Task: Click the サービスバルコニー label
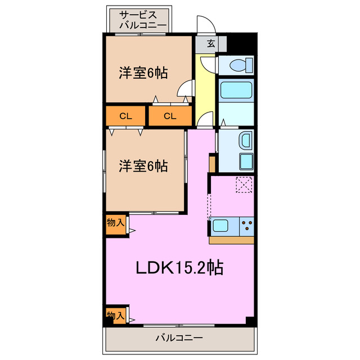click(142, 20)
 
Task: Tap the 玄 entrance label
click(210, 43)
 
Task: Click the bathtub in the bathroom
click(236, 90)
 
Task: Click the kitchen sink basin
click(221, 227)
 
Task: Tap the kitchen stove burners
click(246, 227)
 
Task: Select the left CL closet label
click(125, 116)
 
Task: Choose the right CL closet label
click(170, 116)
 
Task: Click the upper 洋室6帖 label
click(143, 73)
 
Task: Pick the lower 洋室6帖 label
click(143, 166)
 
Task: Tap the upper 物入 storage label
click(115, 223)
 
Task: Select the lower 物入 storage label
click(115, 316)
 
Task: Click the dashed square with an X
click(245, 184)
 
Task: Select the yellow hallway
click(206, 90)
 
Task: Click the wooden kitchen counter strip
click(232, 240)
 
